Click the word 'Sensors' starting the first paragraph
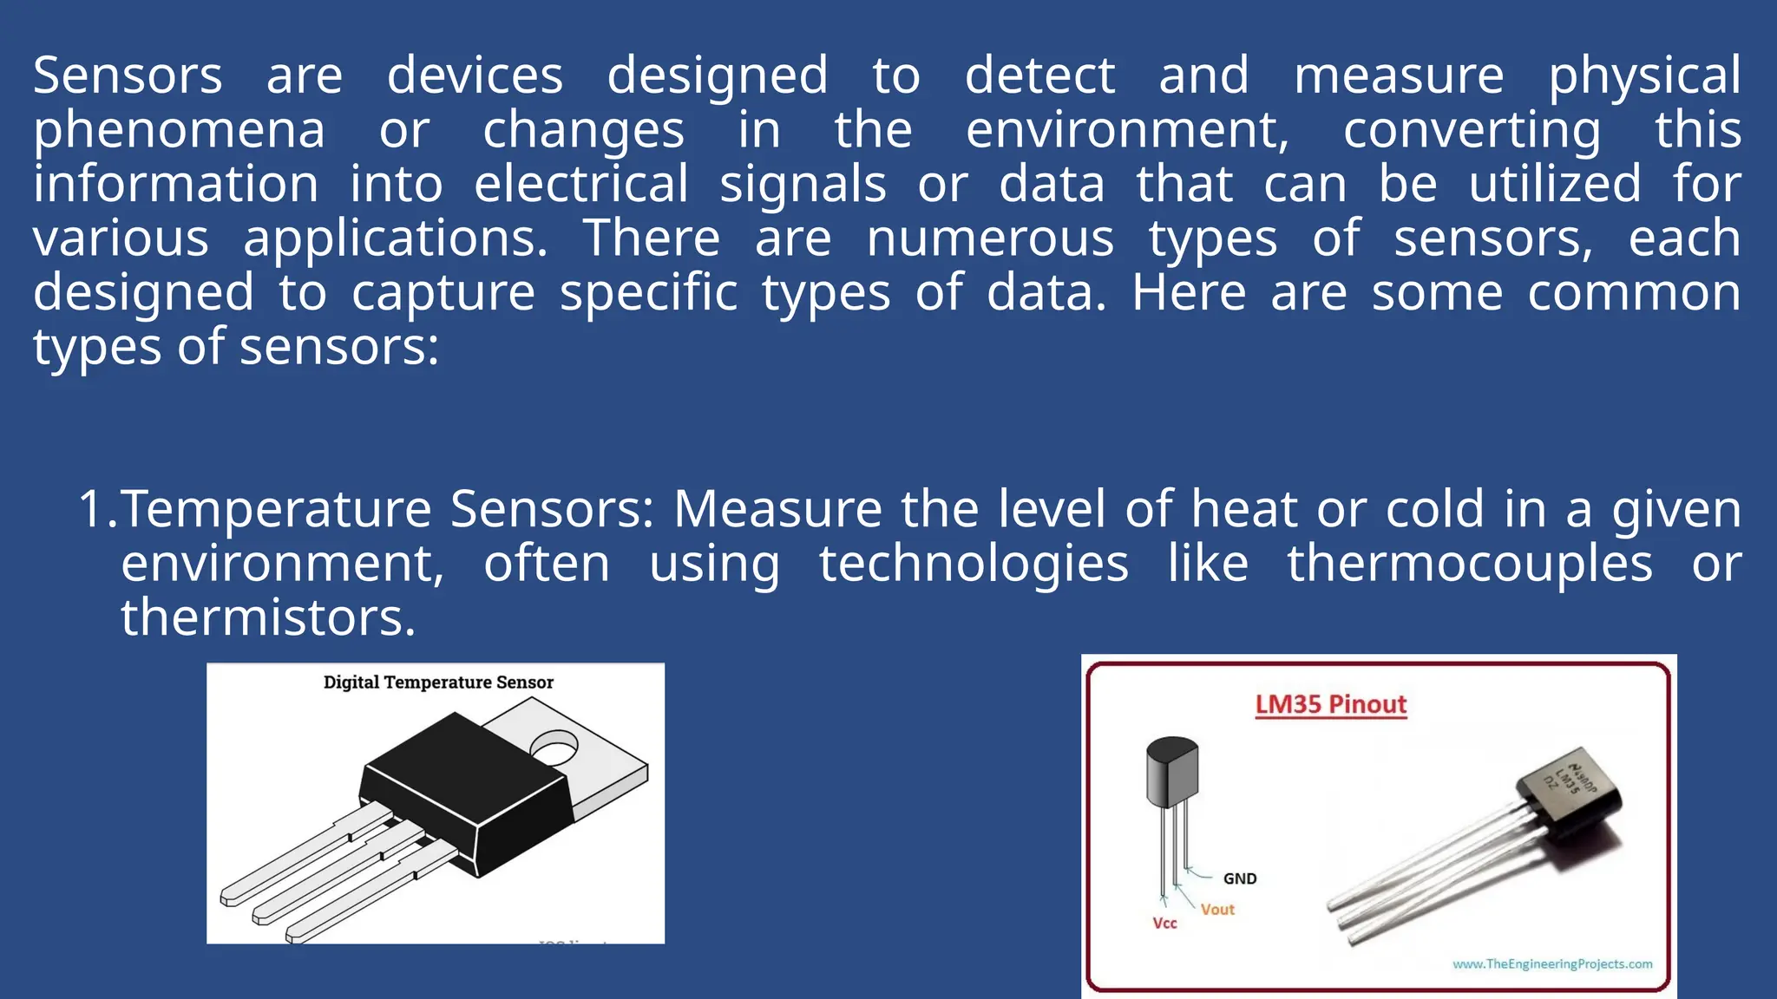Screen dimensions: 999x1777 click(128, 76)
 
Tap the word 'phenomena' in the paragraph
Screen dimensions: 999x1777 click(179, 131)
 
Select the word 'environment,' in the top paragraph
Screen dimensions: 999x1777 click(1128, 131)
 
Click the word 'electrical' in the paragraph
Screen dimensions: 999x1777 click(581, 185)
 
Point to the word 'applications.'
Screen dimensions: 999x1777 click(396, 239)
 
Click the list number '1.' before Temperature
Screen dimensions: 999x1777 click(97, 509)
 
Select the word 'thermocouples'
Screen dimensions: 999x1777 click(1470, 564)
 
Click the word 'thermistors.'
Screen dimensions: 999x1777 click(268, 617)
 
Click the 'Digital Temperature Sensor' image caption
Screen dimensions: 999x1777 click(438, 682)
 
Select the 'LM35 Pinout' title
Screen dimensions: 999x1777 click(1330, 704)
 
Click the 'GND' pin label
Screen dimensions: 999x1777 click(1239, 878)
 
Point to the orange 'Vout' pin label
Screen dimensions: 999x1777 click(1217, 910)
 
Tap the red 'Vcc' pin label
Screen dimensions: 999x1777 click(1164, 924)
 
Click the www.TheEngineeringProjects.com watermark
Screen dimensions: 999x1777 click(1552, 964)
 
